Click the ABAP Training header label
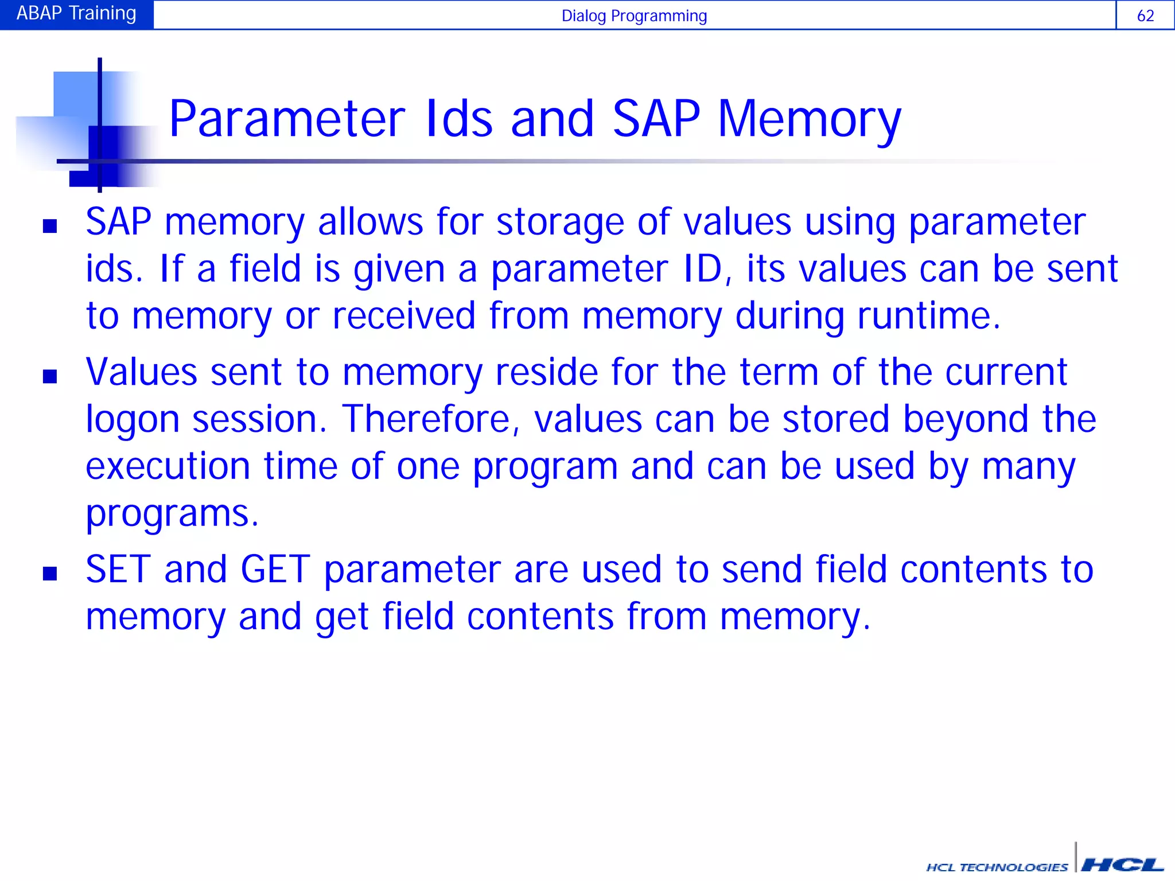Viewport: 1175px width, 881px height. [76, 14]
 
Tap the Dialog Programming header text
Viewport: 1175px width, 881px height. [634, 15]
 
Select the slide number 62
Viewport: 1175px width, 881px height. [1145, 15]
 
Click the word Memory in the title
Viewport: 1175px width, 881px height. [809, 120]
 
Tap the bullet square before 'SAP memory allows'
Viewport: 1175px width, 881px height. [50, 226]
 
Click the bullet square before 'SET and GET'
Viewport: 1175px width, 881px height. [50, 573]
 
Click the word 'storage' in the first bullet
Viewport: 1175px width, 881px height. [559, 223]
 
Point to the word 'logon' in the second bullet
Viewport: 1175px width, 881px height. [133, 420]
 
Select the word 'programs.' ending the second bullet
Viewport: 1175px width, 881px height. [172, 514]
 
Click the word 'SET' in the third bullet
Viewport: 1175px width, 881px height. [118, 570]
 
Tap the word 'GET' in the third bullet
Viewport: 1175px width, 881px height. [275, 570]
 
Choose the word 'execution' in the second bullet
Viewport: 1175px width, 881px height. [168, 466]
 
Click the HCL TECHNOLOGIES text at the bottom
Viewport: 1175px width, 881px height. [997, 867]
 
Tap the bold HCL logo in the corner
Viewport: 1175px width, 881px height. [1122, 865]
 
